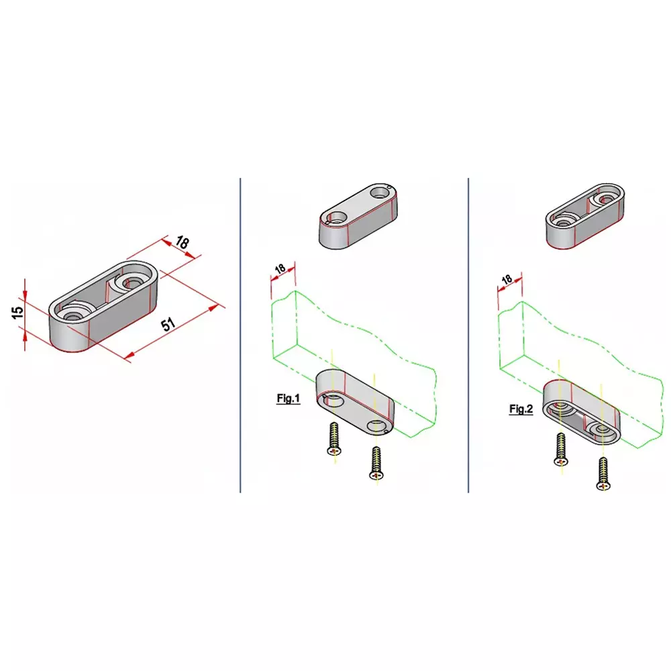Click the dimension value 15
[18, 312]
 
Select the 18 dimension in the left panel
[182, 244]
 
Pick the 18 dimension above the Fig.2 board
[507, 278]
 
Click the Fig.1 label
[289, 399]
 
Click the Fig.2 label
[521, 409]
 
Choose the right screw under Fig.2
[603, 474]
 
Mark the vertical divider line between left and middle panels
[240, 335]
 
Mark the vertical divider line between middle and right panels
[468, 335]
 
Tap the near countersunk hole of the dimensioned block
[72, 312]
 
